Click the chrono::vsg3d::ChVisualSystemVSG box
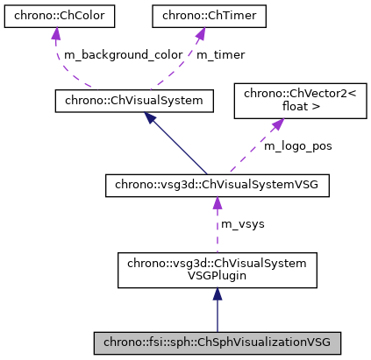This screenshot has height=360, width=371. point(217,185)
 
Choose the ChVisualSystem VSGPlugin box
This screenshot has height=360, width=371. point(217,271)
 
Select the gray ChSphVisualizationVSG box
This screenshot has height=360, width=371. point(217,342)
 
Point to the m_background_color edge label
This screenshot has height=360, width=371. point(122,54)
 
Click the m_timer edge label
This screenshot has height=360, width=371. point(220,54)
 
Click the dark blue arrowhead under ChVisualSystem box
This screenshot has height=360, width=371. point(151,119)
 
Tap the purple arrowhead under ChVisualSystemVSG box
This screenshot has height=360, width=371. point(217,204)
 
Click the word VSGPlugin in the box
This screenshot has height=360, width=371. point(217,278)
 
